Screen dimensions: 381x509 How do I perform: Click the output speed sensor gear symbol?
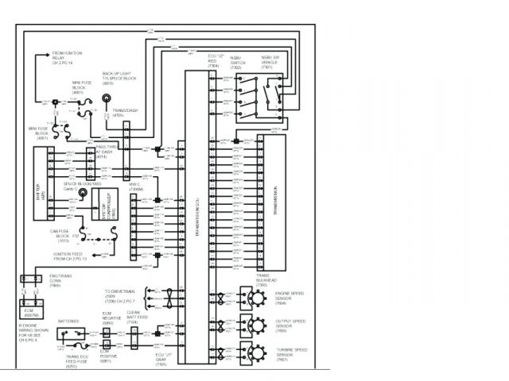256,324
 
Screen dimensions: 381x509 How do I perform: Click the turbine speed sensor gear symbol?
256,352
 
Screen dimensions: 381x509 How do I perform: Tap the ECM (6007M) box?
33,310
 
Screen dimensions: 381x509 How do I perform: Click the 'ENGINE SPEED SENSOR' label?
290,297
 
